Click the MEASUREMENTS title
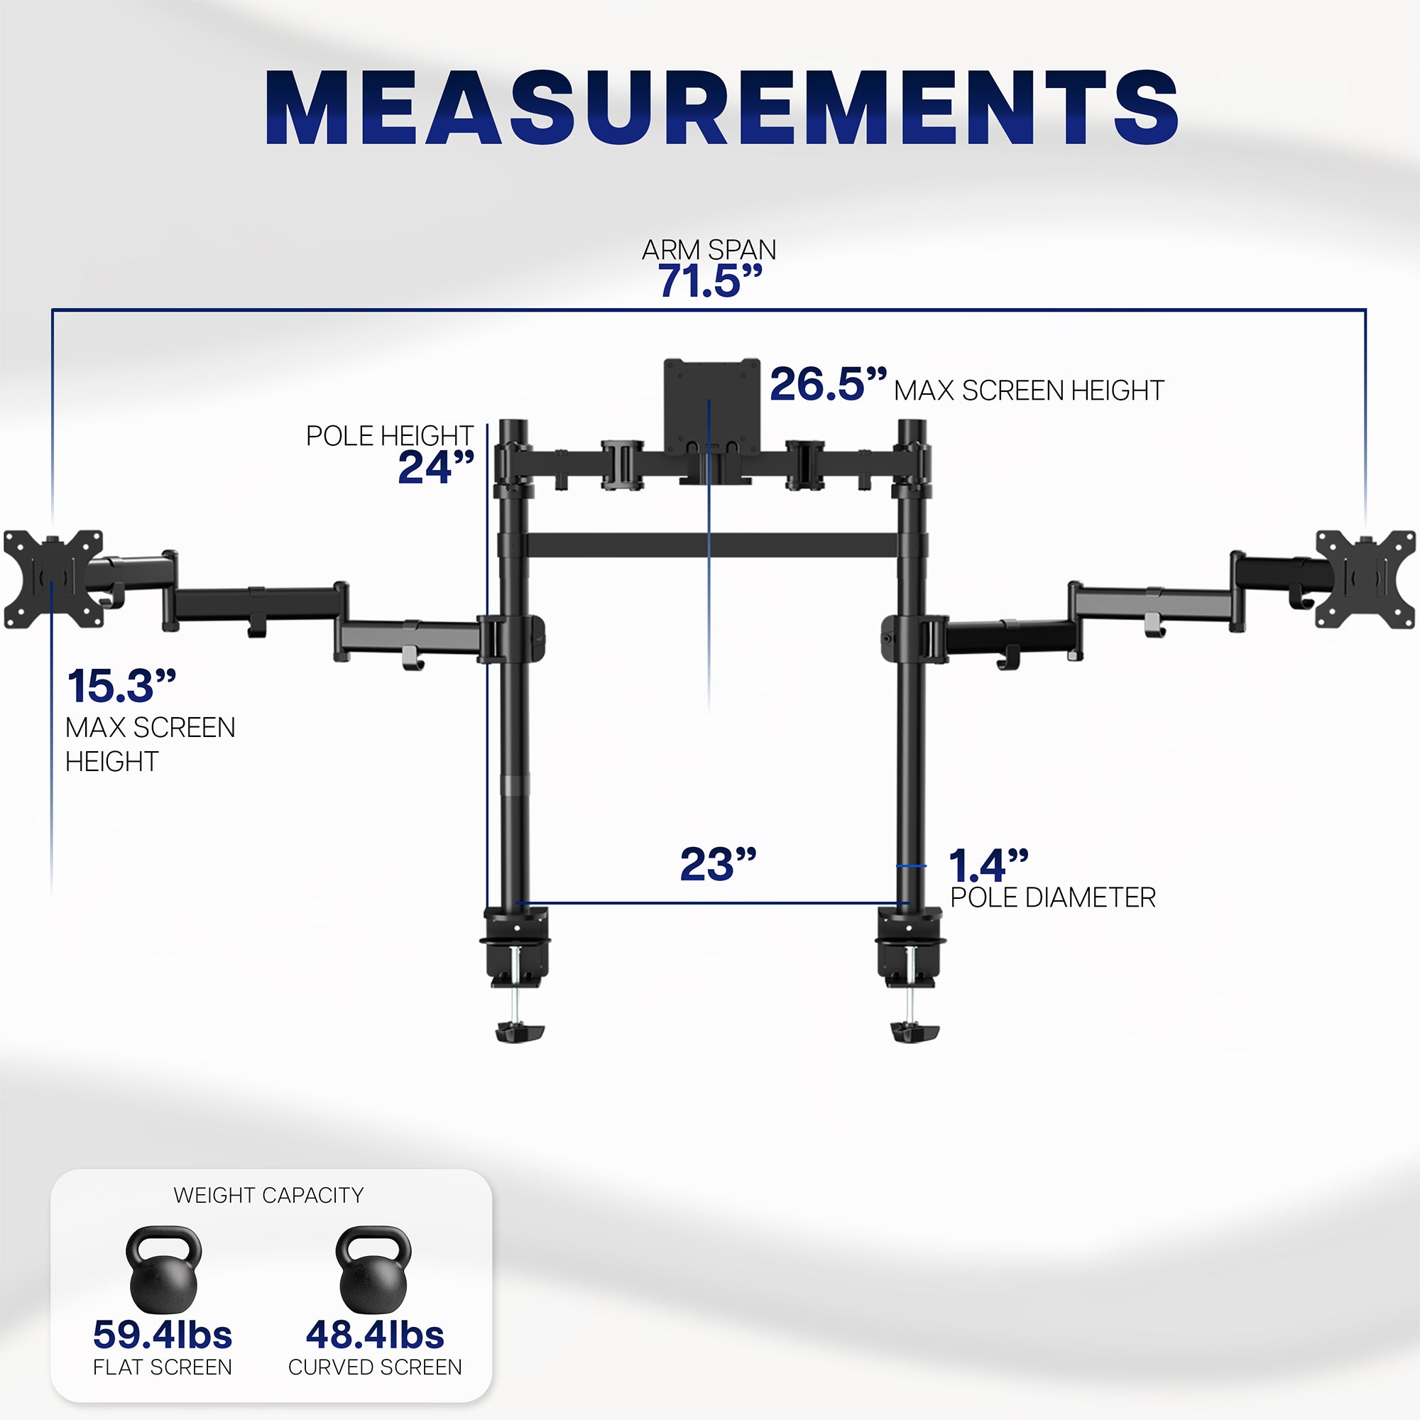[721, 108]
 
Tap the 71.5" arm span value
[709, 280]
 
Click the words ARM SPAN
[709, 250]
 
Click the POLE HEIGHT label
[389, 436]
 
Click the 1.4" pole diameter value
[987, 865]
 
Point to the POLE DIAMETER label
[1052, 897]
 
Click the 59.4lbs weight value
[163, 1335]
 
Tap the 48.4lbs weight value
[375, 1335]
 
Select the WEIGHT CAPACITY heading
[268, 1195]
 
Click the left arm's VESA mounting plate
[53, 579]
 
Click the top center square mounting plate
[711, 404]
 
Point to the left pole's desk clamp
[517, 956]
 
